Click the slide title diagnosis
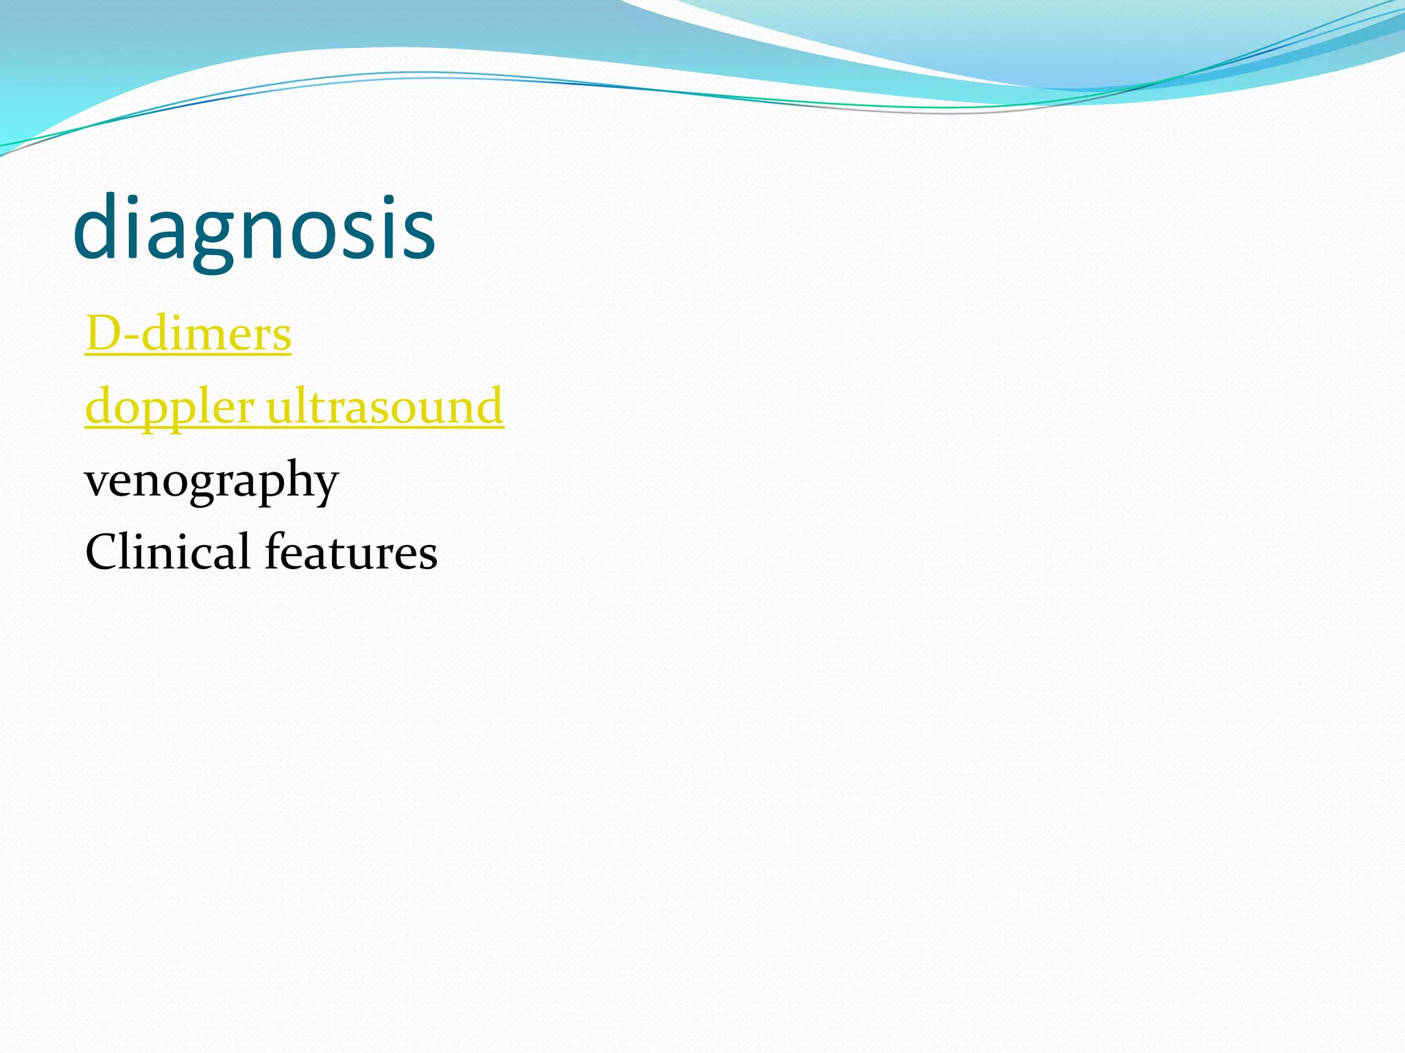click(254, 228)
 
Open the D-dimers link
click(188, 335)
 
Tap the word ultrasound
click(385, 406)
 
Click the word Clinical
click(167, 551)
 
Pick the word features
click(351, 551)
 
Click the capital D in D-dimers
click(103, 334)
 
